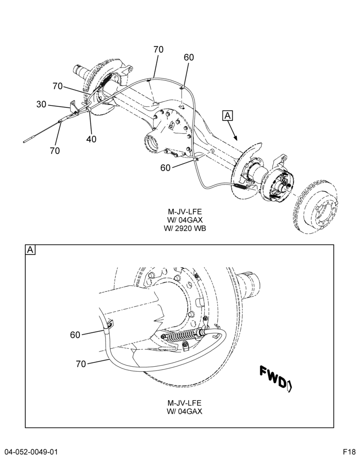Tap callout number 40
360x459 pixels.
click(91, 139)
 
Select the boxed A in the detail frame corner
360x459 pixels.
click(30, 250)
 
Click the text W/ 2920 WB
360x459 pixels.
click(185, 228)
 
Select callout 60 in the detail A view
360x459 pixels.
click(75, 335)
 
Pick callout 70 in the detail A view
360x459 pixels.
click(81, 364)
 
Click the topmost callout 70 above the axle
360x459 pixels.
click(158, 50)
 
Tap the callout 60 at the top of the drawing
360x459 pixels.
click(189, 57)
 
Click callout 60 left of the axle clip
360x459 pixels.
click(165, 168)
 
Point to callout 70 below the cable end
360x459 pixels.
click(55, 151)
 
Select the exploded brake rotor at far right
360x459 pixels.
click(316, 209)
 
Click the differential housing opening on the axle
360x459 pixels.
click(152, 145)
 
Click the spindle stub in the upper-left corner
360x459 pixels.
click(80, 70)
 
